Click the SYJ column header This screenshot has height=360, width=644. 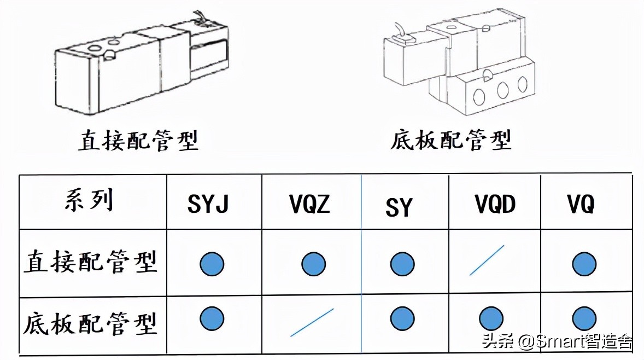tap(208, 204)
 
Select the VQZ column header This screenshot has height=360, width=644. tap(309, 204)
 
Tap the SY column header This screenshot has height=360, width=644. tap(399, 207)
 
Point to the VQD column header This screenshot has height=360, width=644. tap(495, 204)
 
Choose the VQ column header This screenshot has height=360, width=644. tap(581, 204)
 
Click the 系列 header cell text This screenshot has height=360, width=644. tap(89, 200)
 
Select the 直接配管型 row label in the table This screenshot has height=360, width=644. tap(90, 262)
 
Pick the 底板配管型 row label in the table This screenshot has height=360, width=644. tap(90, 324)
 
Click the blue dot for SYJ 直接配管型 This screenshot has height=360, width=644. tap(212, 264)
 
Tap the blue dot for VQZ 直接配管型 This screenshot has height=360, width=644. tap(313, 264)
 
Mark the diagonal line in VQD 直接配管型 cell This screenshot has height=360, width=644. tap(487, 260)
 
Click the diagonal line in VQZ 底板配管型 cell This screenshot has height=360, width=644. tap(312, 322)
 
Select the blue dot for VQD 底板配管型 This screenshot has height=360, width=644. tap(491, 318)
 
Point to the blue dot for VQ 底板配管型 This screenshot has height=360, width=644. tap(584, 318)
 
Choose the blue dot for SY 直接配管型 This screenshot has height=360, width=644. tap(402, 264)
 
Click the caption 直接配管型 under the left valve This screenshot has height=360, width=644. tap(138, 141)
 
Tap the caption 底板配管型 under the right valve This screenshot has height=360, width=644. tap(451, 141)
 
